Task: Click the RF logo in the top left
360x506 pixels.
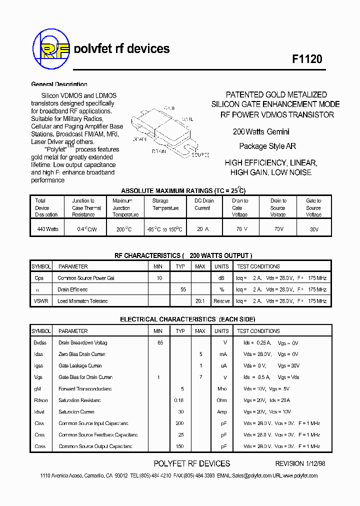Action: point(51,49)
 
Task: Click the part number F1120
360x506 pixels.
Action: point(307,58)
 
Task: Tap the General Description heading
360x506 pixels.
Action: point(59,84)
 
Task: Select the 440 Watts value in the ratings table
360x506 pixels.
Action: point(48,229)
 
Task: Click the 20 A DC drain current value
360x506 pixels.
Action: point(202,229)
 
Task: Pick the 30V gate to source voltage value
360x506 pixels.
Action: point(313,229)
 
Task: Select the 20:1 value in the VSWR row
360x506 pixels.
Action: point(199,301)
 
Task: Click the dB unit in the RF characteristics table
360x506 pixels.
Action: point(221,278)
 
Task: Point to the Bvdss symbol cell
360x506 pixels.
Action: point(40,343)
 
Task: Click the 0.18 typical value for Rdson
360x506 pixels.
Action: point(179,400)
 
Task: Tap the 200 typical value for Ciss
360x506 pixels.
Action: point(180,423)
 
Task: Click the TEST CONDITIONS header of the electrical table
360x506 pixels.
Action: point(258,331)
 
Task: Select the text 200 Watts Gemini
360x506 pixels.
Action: point(261,132)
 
